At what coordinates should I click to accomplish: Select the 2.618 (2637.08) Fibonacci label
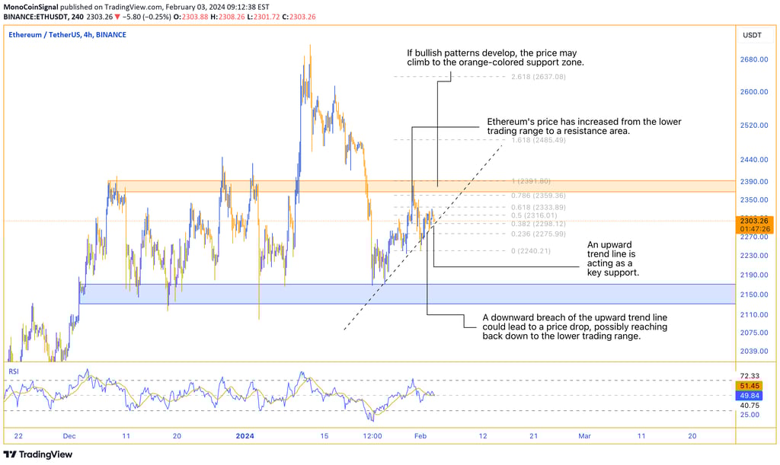pos(539,77)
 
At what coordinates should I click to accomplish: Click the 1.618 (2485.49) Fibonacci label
pos(539,141)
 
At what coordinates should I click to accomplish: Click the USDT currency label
pos(752,35)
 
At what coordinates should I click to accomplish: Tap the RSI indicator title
pos(14,371)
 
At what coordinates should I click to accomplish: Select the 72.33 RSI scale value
pos(750,376)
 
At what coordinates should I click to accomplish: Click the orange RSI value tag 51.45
pos(750,386)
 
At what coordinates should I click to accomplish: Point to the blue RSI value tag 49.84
pos(750,396)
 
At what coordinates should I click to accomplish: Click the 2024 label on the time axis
pos(245,436)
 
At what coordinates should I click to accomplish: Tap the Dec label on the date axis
pos(70,436)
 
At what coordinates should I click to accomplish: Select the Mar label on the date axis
pos(584,436)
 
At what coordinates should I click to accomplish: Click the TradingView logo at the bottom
pos(40,454)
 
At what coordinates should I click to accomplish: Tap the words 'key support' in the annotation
pos(612,272)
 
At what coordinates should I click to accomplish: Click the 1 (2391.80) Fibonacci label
pos(538,181)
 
